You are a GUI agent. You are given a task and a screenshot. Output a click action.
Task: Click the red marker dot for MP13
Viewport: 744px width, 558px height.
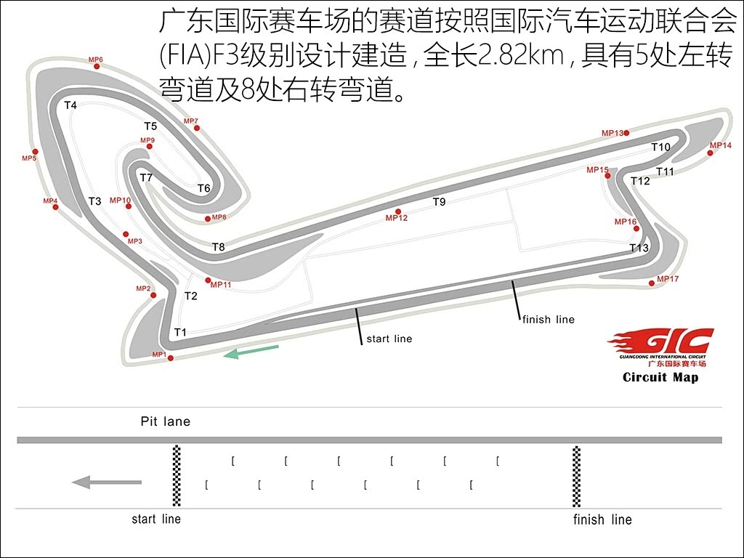626,132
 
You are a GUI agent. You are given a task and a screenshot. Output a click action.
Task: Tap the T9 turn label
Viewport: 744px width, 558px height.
440,202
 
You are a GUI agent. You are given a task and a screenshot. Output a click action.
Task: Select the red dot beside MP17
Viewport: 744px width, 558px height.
652,283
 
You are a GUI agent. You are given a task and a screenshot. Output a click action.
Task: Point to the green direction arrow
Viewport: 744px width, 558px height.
251,352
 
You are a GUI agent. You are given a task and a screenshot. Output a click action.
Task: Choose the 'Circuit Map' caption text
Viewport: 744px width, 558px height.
660,377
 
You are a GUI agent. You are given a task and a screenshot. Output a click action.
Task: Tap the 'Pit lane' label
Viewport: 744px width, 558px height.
166,421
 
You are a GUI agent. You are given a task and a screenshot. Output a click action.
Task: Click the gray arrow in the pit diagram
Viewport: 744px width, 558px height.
106,482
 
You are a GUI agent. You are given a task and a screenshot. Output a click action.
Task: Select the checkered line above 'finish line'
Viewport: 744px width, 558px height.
576,477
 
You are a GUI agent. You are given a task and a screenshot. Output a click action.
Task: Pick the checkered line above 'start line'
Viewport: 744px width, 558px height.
177,477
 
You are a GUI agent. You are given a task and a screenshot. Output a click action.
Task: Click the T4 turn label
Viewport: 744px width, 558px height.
70,105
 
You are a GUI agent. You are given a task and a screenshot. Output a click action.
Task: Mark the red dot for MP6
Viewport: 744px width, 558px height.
97,66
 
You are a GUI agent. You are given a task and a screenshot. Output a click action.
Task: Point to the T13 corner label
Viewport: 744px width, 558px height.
639,248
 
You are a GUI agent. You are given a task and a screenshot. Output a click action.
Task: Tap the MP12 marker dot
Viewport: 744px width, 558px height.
398,211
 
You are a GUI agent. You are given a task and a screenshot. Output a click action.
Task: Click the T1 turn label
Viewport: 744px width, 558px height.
180,332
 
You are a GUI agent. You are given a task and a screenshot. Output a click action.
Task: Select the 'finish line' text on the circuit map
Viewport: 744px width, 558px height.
549,320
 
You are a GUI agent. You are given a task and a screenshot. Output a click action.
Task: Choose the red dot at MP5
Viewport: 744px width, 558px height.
35,152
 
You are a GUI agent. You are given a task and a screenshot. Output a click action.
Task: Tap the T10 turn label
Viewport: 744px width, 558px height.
660,147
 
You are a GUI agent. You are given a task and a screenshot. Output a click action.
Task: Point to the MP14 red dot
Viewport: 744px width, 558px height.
710,153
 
